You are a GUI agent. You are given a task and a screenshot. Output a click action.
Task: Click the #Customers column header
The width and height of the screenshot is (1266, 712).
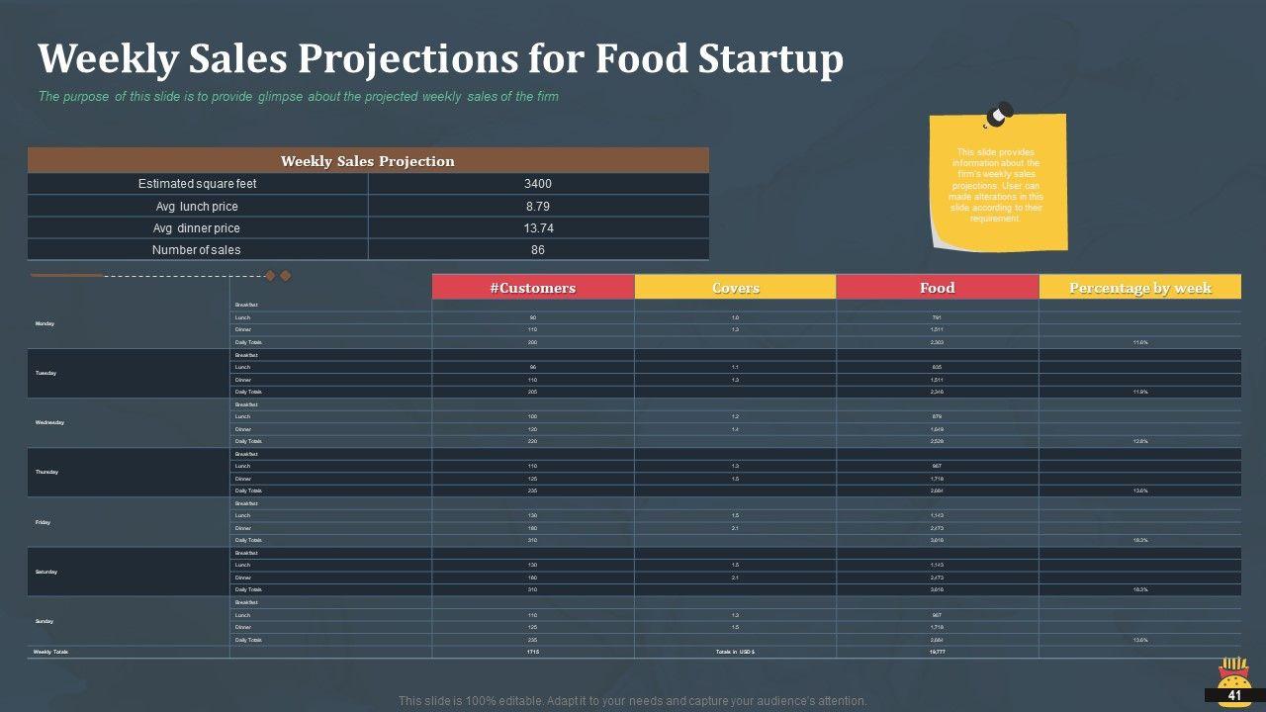pos(532,288)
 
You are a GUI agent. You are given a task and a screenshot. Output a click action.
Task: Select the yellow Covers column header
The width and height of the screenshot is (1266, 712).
pos(735,288)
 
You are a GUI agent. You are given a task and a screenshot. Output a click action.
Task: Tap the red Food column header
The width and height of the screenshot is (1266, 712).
pos(937,288)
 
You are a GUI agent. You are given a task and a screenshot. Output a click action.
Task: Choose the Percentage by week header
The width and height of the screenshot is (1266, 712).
pos(1139,288)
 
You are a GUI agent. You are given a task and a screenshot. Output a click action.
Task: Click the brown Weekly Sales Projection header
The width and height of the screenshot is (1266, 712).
pos(368,161)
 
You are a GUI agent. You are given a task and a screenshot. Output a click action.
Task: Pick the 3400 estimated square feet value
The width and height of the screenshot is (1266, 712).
pos(538,184)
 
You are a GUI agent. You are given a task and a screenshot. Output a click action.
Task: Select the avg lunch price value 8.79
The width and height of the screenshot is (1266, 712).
pos(538,207)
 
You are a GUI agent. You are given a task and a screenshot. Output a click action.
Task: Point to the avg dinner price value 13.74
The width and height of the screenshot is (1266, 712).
pos(538,228)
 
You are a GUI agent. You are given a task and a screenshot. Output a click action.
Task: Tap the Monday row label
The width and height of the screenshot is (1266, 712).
pos(45,324)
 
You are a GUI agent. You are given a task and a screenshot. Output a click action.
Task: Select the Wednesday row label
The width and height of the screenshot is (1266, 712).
pos(49,423)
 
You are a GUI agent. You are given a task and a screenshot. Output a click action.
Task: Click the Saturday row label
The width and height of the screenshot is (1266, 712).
pos(46,572)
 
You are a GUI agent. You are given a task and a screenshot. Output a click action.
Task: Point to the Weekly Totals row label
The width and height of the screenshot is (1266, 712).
pos(50,652)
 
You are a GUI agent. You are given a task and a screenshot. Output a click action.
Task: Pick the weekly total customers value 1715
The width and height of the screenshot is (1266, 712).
pos(533,652)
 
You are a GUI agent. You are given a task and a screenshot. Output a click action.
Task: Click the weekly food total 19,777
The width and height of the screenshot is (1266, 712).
pos(937,652)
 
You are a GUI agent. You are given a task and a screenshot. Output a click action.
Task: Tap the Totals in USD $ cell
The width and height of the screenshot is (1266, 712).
pos(735,652)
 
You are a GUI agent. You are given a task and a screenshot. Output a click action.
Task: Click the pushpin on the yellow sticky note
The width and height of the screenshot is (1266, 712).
pos(998,115)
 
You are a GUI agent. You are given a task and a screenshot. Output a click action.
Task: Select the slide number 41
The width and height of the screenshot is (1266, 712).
pos(1234,696)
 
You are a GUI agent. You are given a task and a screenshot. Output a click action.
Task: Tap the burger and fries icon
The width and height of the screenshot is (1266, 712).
pos(1232,674)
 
